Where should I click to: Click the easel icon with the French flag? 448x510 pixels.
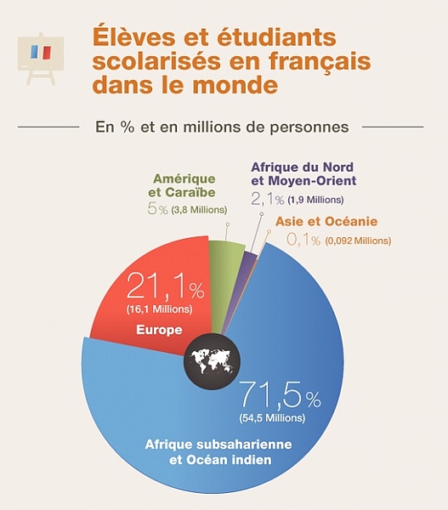[40, 59]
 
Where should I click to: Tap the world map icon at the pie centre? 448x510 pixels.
[212, 360]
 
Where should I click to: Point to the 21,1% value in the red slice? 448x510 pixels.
[165, 286]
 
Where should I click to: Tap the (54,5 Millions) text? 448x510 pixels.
[272, 417]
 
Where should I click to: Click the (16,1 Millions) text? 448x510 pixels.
[160, 309]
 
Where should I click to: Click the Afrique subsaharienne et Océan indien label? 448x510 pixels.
[218, 452]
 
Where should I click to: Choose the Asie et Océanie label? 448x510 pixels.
[326, 222]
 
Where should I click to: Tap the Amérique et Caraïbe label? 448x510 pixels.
[182, 185]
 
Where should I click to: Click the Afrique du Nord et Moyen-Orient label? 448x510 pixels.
[303, 173]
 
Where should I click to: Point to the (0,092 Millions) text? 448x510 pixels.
[358, 241]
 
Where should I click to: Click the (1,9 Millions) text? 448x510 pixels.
[315, 200]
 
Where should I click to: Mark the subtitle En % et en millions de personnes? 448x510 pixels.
[222, 127]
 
